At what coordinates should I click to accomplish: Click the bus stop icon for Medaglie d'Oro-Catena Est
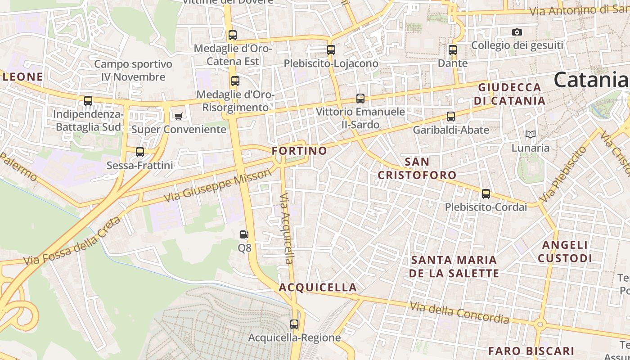[x=232, y=35]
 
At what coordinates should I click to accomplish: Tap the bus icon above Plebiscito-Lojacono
[x=331, y=50]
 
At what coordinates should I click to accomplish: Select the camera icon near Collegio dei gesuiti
[x=517, y=32]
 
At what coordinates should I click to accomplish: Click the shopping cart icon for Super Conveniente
[x=178, y=117]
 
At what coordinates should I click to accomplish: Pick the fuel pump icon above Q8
[x=244, y=234]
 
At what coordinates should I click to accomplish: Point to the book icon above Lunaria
[x=531, y=134]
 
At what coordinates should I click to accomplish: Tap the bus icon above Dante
[x=453, y=50]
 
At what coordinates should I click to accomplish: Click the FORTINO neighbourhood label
[x=299, y=151]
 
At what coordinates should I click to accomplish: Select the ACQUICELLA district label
[x=318, y=287]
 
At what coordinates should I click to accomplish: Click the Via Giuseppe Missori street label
[x=218, y=186]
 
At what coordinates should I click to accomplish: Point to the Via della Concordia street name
[x=459, y=313]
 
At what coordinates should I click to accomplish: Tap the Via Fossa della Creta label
[x=72, y=242]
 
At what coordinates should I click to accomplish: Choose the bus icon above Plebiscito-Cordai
[x=486, y=194]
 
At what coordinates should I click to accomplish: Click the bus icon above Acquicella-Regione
[x=294, y=324]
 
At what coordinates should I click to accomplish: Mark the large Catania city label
[x=590, y=80]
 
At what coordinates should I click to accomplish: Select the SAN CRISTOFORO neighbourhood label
[x=417, y=168]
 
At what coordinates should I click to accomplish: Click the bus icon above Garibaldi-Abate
[x=451, y=117]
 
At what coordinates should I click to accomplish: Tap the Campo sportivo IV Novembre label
[x=133, y=71]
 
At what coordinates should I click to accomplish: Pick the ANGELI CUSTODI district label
[x=565, y=252]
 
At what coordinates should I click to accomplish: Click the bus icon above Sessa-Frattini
[x=140, y=152]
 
